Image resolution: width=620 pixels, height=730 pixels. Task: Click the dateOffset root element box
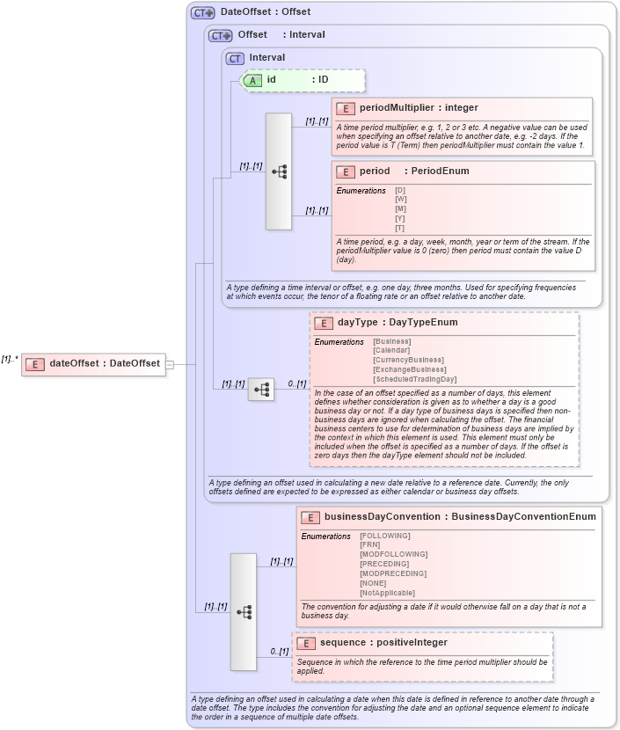point(93,364)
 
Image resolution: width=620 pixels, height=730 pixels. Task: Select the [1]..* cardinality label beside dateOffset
point(10,359)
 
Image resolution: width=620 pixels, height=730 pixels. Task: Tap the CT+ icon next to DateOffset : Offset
point(203,13)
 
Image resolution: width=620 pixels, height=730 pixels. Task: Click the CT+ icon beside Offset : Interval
point(220,36)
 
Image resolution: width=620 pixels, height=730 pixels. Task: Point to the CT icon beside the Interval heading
point(235,58)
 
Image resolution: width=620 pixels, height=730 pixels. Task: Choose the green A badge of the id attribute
point(253,80)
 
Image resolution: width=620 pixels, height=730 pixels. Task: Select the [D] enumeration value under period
point(400,190)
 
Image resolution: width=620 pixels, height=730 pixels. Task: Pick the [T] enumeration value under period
point(400,229)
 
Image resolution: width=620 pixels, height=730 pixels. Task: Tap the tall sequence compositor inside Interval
point(279,172)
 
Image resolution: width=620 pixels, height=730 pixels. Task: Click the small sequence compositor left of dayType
point(261,389)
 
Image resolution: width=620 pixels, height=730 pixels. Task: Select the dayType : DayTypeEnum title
point(398,323)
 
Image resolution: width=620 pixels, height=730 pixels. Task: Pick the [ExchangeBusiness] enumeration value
point(409,369)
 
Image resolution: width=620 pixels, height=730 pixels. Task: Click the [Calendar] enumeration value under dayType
point(391,350)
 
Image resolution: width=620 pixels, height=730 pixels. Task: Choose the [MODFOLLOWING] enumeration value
point(393,554)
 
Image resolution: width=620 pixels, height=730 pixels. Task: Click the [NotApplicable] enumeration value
point(387,593)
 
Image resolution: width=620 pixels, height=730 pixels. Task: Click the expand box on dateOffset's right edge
point(170,364)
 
